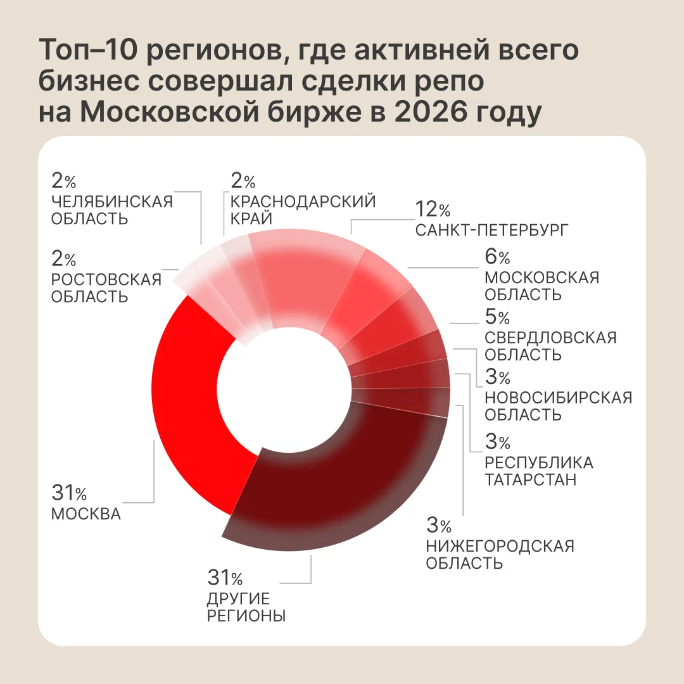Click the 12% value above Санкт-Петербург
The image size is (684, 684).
[x=433, y=209]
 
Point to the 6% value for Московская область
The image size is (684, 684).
[x=497, y=256]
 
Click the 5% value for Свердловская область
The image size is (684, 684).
[x=497, y=317]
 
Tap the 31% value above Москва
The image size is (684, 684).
[x=69, y=493]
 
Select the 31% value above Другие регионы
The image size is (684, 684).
[x=225, y=578]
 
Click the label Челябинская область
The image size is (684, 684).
[x=112, y=210]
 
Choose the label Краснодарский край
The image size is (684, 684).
[x=303, y=210]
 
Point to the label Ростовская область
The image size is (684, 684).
[x=106, y=288]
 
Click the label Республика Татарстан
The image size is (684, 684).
[x=539, y=471]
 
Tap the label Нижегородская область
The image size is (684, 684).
[x=500, y=554]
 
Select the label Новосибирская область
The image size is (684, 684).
[x=559, y=406]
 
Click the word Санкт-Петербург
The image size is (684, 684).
[x=491, y=230]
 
